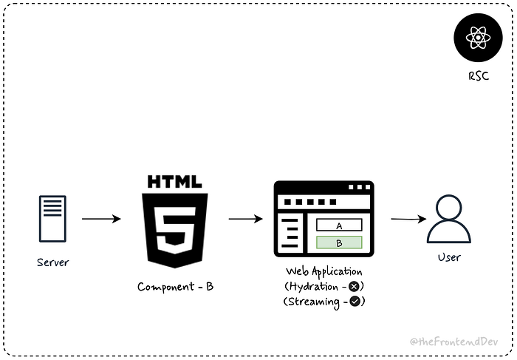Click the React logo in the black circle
pyautogui.click(x=476, y=37)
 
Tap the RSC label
pyautogui.click(x=477, y=75)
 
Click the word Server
pyautogui.click(x=53, y=262)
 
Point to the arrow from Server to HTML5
pyautogui.click(x=101, y=219)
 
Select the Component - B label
pyautogui.click(x=176, y=287)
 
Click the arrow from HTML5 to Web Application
pyautogui.click(x=245, y=219)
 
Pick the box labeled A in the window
pyautogui.click(x=339, y=225)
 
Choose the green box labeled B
pyautogui.click(x=339, y=242)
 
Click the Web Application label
pyautogui.click(x=323, y=271)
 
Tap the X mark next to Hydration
pyautogui.click(x=355, y=286)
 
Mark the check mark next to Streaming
pyautogui.click(x=355, y=301)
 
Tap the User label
pyautogui.click(x=448, y=257)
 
